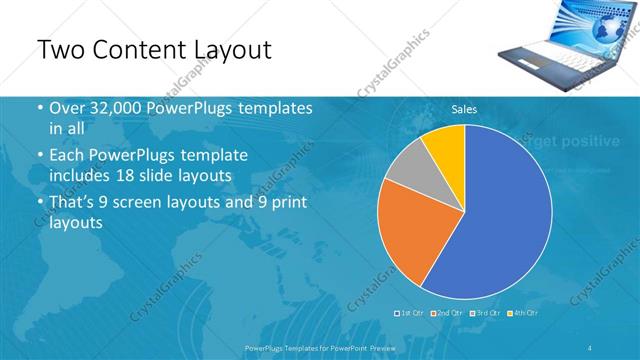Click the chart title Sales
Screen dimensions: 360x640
[464, 108]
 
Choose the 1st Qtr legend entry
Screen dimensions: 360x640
[411, 313]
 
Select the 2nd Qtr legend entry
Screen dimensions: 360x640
[448, 313]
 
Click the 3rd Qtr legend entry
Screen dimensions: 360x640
[486, 313]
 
